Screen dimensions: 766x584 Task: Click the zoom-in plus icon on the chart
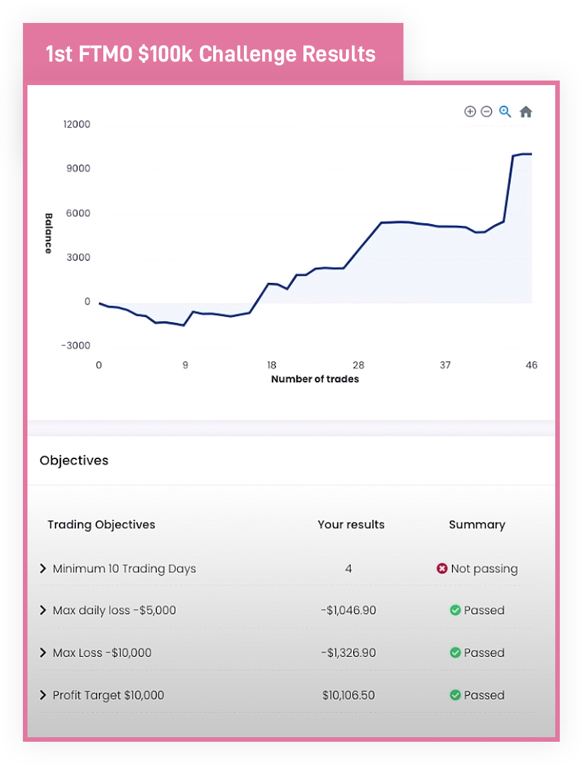[x=470, y=112]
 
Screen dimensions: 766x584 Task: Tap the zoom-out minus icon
[x=486, y=112]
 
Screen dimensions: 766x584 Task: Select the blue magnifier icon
[x=505, y=112]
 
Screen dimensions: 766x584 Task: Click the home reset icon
[x=526, y=112]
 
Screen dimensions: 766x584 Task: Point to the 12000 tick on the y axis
[x=77, y=124]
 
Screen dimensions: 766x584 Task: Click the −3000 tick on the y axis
[x=75, y=346]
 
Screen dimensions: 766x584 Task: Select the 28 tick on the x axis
[x=358, y=365]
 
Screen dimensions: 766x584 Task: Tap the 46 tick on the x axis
[x=531, y=365]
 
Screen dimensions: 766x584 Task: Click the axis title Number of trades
[x=315, y=379]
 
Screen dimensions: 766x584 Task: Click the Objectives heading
[x=74, y=460]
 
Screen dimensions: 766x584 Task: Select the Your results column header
[x=351, y=524]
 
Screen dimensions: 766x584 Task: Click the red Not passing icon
[x=442, y=568]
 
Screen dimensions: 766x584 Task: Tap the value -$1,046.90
[x=349, y=610]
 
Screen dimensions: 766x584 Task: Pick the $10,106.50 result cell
[x=349, y=695]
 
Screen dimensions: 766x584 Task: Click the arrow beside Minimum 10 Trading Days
[x=43, y=568]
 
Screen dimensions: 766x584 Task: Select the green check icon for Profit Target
[x=455, y=695]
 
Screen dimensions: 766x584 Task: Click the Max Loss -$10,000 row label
[x=102, y=653]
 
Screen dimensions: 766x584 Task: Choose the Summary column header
[x=477, y=524]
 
